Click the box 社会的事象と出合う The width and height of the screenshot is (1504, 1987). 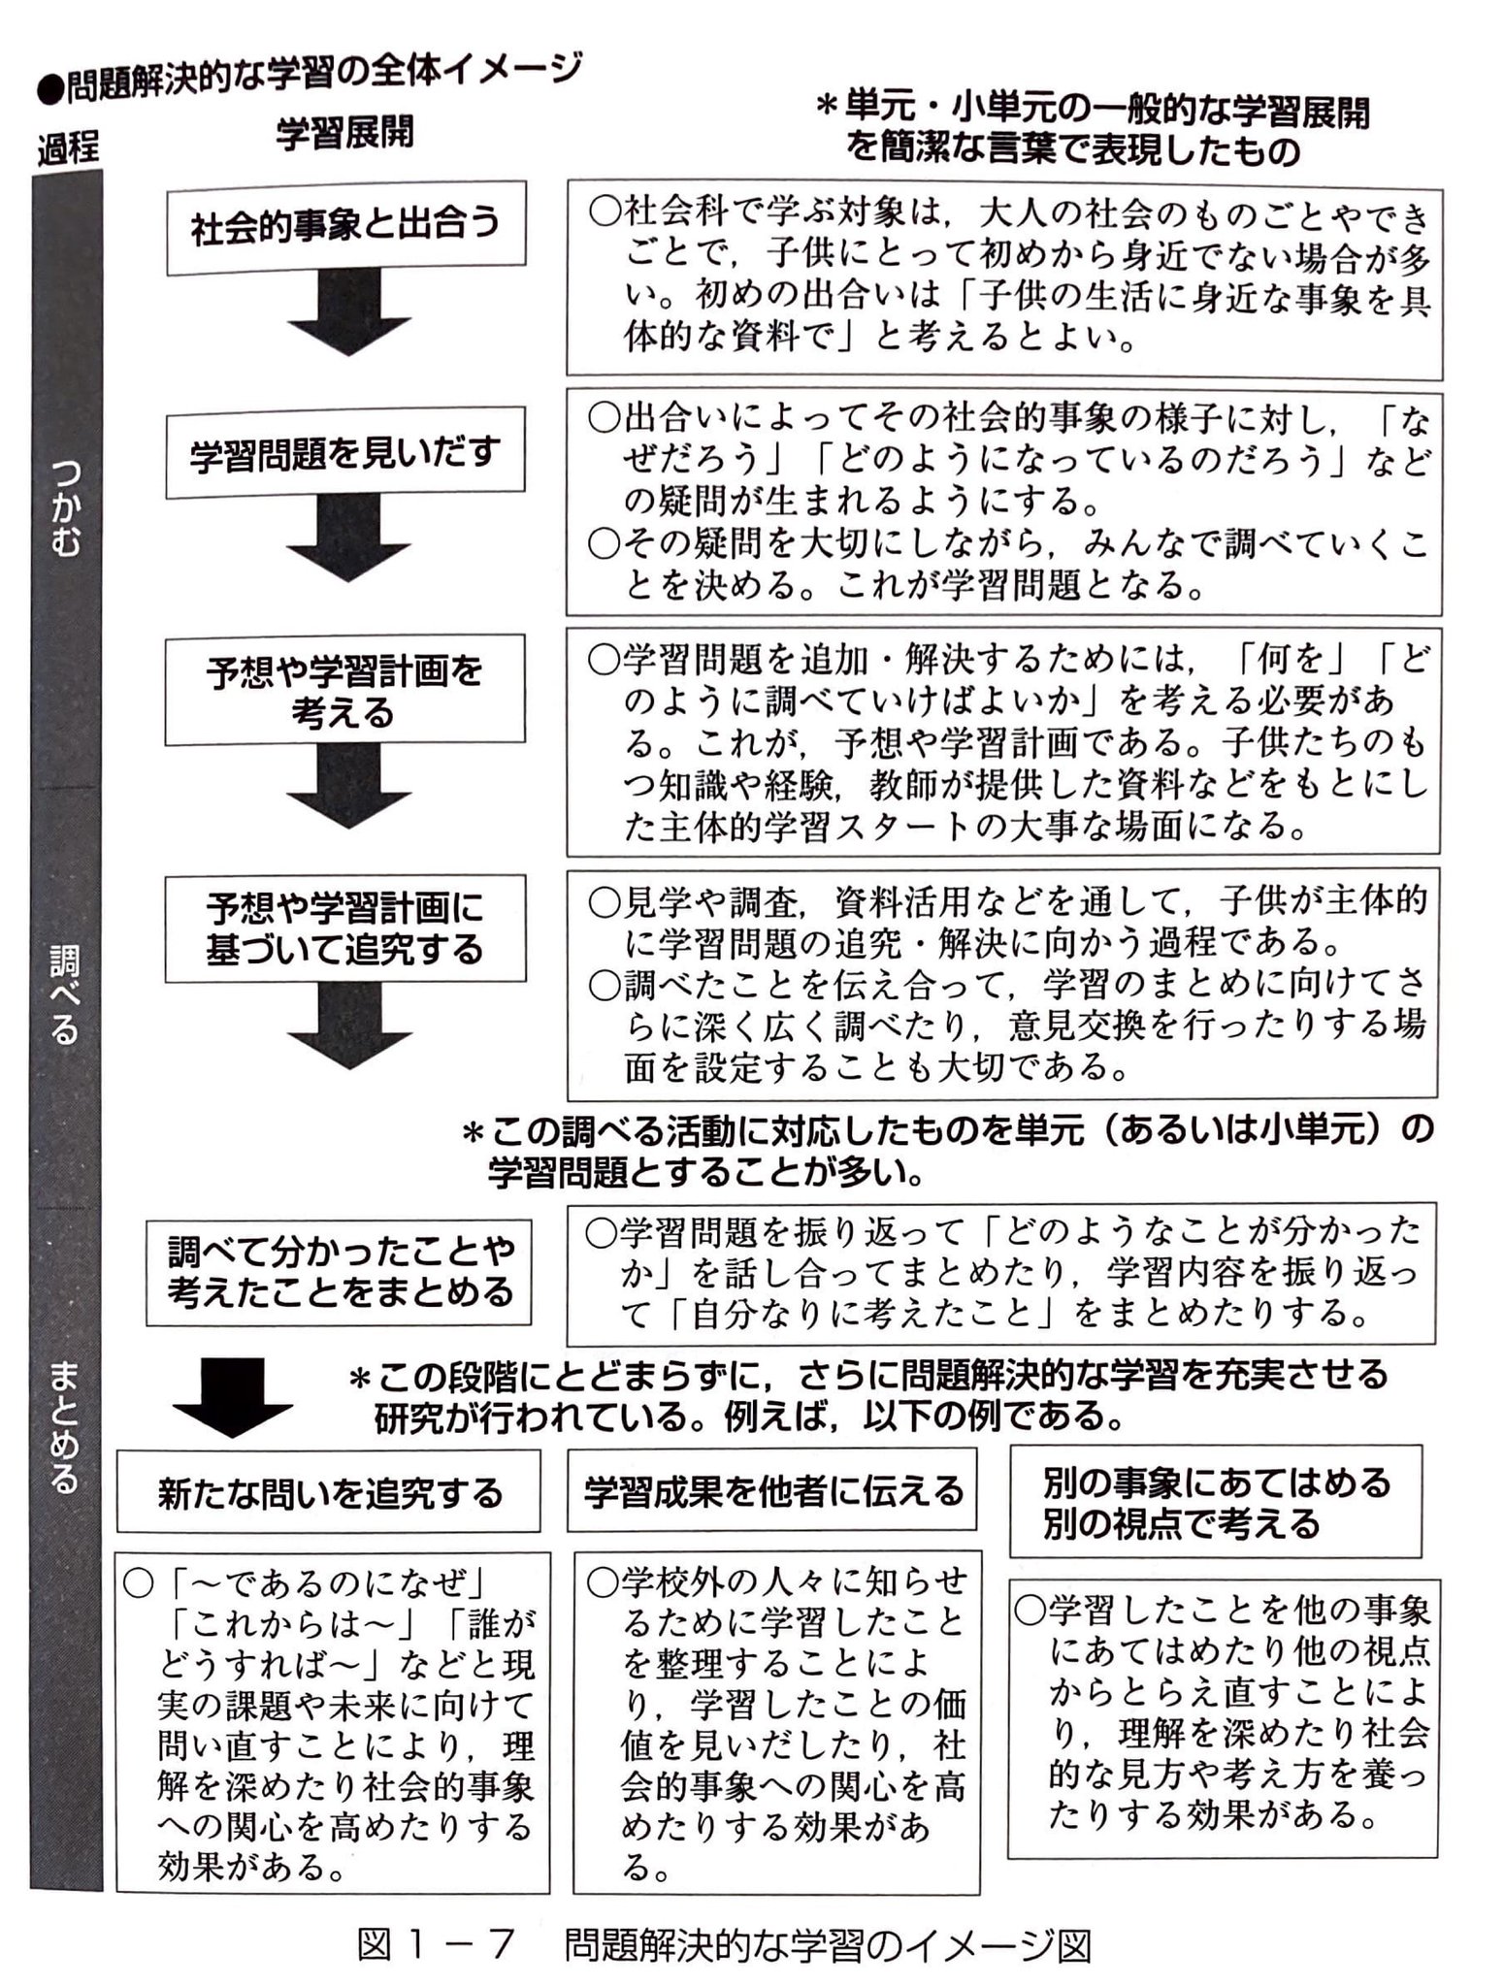click(345, 227)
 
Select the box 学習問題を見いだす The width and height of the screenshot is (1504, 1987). click(345, 453)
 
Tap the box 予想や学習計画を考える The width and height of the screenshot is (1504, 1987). click(344, 690)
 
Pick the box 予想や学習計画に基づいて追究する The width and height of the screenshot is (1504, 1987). click(344, 928)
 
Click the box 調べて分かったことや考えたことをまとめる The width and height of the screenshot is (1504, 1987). click(339, 1271)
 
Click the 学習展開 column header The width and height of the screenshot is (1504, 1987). click(344, 133)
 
